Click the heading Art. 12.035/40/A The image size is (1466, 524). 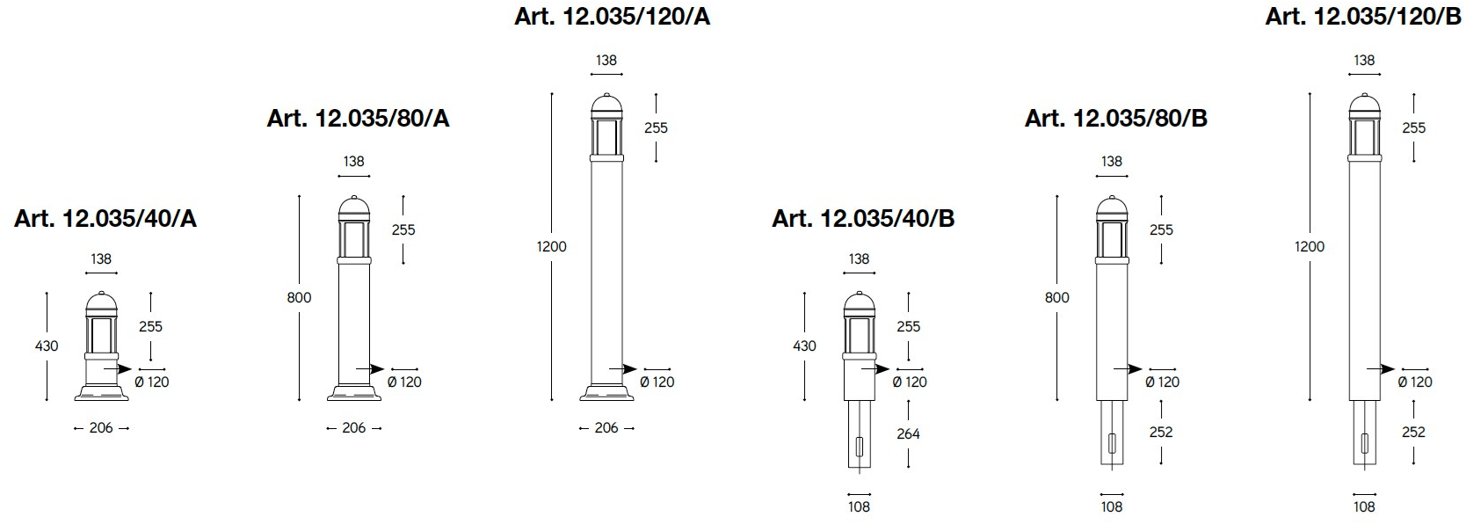point(105,219)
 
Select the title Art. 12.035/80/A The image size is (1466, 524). point(358,119)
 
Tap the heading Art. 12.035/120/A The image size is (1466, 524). point(612,17)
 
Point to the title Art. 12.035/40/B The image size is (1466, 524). point(863,219)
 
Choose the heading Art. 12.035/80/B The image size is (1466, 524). point(1116,119)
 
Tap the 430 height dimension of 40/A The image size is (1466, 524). point(47,346)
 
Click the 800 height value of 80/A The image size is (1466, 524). point(299,297)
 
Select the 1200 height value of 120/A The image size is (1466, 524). point(552,247)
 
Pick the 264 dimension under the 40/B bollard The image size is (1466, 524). point(909,433)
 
